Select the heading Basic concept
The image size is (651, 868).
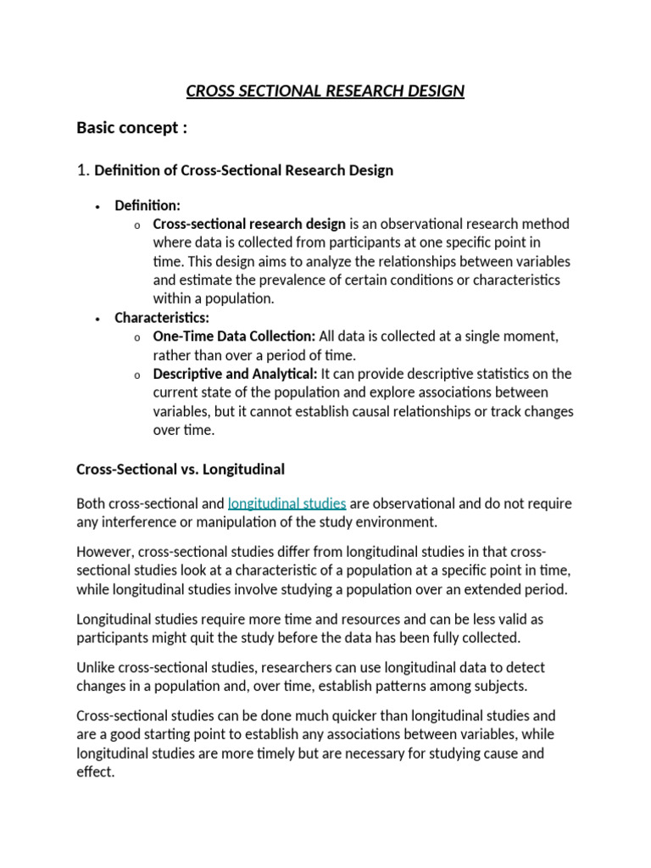(131, 128)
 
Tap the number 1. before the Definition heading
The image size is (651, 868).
(83, 170)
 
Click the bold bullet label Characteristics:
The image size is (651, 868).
(162, 318)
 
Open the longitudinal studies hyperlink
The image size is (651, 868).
(287, 504)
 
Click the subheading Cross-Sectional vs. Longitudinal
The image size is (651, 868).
(180, 469)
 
